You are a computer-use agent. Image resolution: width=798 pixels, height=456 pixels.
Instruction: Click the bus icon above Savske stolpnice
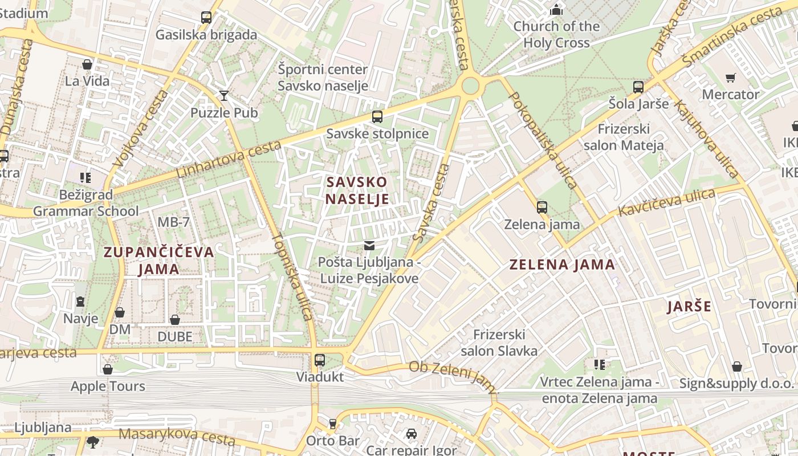[377, 117]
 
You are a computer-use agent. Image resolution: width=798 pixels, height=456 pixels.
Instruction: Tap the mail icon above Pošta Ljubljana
[369, 246]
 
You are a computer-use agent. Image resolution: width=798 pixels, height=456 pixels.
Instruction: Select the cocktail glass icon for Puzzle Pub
[224, 95]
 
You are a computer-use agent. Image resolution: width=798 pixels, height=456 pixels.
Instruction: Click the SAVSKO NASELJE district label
[357, 190]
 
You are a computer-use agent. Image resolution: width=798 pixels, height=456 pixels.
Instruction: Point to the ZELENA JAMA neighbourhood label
[562, 264]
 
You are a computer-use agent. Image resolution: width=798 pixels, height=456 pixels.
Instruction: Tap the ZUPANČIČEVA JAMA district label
[158, 260]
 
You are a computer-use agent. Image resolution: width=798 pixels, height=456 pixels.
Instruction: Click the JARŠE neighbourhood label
[689, 307]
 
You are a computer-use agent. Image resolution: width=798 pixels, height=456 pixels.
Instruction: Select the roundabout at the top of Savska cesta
[470, 86]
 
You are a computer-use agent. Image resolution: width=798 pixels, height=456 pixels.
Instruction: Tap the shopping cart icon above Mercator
[730, 78]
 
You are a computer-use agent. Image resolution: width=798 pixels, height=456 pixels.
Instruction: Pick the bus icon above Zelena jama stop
[541, 207]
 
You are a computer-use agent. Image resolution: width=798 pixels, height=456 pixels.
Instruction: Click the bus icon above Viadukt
[320, 360]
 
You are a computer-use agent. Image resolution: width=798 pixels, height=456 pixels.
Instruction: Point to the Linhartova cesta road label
[229, 160]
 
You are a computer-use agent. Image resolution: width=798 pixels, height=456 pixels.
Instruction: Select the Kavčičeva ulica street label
[667, 202]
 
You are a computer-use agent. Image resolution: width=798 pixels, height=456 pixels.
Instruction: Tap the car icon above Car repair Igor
[411, 434]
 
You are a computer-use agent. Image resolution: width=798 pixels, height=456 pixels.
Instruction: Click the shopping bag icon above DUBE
[175, 320]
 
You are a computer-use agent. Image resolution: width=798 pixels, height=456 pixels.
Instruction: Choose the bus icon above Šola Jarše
[638, 87]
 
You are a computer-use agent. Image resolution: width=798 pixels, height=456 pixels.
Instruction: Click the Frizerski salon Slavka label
[499, 342]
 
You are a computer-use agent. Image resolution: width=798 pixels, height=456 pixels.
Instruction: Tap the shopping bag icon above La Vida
[87, 64]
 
